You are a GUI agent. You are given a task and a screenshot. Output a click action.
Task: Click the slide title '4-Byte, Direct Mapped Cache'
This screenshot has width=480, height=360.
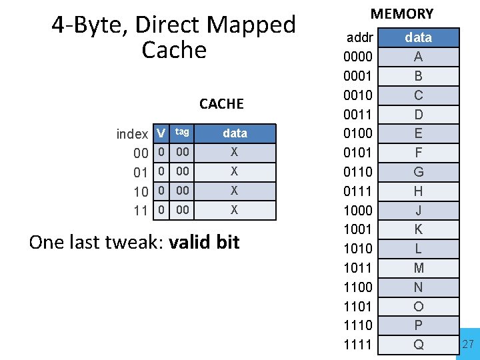pyautogui.click(x=174, y=37)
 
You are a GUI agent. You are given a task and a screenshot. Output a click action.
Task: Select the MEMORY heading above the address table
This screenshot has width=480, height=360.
pyautogui.click(x=402, y=13)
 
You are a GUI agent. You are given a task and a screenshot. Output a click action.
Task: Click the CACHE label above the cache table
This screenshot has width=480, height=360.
pyautogui.click(x=221, y=104)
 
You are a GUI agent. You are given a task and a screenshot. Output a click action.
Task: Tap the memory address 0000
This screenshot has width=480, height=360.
pyautogui.click(x=358, y=57)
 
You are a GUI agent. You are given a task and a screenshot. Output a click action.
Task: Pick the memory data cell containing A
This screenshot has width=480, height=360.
pyautogui.click(x=418, y=57)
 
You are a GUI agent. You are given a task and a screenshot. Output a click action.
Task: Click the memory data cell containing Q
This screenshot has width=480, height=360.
pyautogui.click(x=418, y=345)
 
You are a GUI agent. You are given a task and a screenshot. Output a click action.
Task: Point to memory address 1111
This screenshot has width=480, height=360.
pyautogui.click(x=358, y=345)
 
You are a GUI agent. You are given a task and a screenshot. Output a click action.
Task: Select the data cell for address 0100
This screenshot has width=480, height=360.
pyautogui.click(x=418, y=133)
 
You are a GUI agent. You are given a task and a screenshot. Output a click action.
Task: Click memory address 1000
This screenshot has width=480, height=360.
pyautogui.click(x=358, y=211)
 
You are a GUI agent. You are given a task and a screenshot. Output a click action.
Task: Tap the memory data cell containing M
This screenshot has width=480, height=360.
pyautogui.click(x=418, y=268)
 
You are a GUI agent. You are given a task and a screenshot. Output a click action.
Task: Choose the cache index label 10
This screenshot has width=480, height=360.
pyautogui.click(x=141, y=192)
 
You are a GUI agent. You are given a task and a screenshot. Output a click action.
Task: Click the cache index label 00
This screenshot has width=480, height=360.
pyautogui.click(x=141, y=153)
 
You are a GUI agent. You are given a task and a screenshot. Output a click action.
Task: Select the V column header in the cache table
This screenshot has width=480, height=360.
pyautogui.click(x=160, y=133)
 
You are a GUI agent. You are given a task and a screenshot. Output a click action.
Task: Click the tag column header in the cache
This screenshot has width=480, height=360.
pyautogui.click(x=182, y=133)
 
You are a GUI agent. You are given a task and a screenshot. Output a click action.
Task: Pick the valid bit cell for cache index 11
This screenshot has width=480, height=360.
pyautogui.click(x=160, y=211)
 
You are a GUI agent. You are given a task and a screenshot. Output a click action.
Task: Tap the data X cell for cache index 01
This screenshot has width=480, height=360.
pyautogui.click(x=234, y=172)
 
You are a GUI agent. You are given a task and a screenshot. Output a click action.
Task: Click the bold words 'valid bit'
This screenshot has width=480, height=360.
pyautogui.click(x=204, y=242)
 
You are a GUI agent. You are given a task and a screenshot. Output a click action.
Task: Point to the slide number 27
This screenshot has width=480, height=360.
pyautogui.click(x=468, y=344)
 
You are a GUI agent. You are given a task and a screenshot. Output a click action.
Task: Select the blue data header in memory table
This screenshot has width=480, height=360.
pyautogui.click(x=418, y=38)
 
